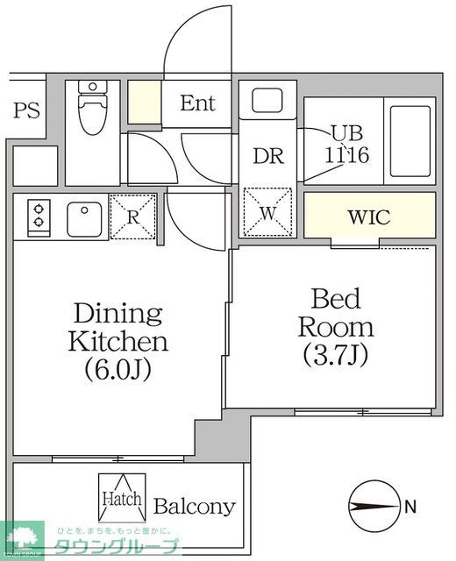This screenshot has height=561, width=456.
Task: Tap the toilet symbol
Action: coord(90,109)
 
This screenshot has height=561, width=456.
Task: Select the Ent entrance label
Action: coord(198,103)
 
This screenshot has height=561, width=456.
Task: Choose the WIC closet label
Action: coord(368,217)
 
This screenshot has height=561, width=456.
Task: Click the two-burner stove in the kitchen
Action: coord(40,216)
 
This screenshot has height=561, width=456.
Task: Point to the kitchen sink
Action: coord(85,216)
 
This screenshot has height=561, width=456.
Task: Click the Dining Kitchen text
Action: coord(118,327)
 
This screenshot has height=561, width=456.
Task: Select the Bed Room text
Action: coord(336,313)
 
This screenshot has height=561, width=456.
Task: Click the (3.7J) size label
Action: coord(336,356)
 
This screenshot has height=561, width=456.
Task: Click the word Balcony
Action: coord(195,507)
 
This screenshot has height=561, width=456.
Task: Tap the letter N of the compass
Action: coord(410,506)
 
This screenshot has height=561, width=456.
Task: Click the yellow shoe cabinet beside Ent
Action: coord(144,102)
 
